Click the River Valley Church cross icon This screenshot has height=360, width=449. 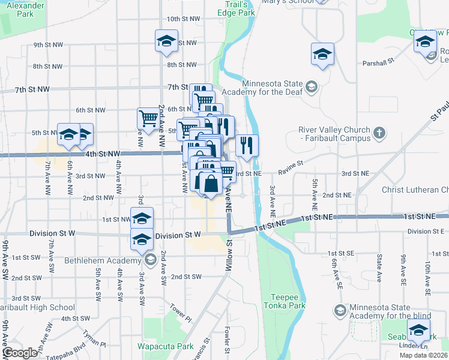[x=378, y=132]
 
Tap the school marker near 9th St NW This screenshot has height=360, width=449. [x=166, y=41]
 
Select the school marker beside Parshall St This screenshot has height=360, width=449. [x=322, y=54]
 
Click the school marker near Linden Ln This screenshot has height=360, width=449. [x=418, y=329]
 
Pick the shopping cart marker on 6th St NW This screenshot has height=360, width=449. [x=148, y=117]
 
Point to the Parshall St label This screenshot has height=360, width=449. [x=378, y=61]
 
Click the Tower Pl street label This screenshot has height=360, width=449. [x=179, y=312]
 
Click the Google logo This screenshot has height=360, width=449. [x=20, y=353]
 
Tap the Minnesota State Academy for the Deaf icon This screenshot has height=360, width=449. [x=311, y=88]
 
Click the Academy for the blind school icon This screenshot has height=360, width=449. [x=340, y=310]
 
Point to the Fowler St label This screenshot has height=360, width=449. [x=228, y=340]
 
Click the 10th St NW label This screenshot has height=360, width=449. [x=183, y=19]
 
